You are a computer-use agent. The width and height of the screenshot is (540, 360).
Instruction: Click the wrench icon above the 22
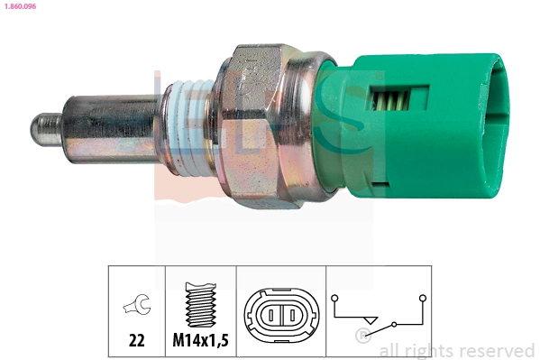click(136, 308)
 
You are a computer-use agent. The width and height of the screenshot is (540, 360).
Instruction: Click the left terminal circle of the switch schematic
click(335, 297)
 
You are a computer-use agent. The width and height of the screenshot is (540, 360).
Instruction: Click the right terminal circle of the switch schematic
click(421, 297)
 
